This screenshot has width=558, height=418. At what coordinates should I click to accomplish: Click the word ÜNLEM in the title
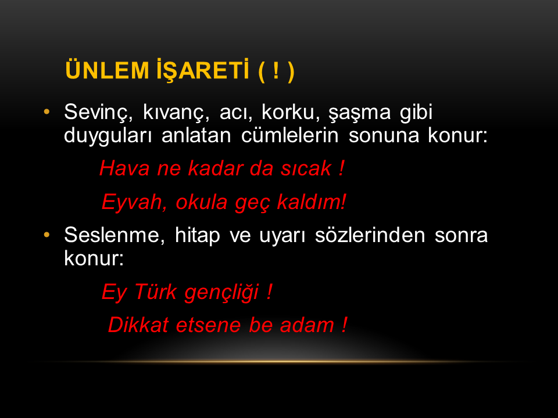pos(107,70)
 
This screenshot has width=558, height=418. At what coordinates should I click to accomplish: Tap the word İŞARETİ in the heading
pos(202,70)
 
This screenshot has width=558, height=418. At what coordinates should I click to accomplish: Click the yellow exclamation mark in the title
pos(276,70)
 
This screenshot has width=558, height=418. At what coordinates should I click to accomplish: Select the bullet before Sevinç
pos(46,112)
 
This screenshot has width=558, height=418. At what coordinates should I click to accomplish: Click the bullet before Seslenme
pos(46,235)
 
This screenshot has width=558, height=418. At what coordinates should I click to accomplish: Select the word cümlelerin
pos(289,135)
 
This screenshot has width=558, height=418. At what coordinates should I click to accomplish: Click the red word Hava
pos(124,168)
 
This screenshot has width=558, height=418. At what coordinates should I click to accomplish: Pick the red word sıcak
pos(306,168)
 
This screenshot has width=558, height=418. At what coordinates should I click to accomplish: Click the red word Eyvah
pos(134,203)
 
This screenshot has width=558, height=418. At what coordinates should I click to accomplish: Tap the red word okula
pos(202,202)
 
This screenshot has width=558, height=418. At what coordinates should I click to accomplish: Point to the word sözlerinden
pos(370,235)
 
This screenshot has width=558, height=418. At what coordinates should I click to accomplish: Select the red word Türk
pos(156,292)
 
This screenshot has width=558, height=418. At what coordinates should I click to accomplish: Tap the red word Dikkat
pos(138,325)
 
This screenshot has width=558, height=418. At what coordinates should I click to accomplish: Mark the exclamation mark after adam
pos(344,325)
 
